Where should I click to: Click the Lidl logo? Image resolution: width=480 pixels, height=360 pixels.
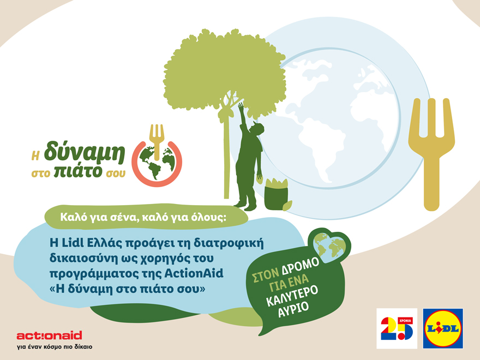click(443, 328)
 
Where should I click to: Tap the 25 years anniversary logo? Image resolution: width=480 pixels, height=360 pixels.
click(397, 328)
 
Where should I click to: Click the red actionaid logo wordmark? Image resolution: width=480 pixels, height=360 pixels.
click(49, 335)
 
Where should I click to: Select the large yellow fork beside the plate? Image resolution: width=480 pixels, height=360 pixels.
click(431, 153)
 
